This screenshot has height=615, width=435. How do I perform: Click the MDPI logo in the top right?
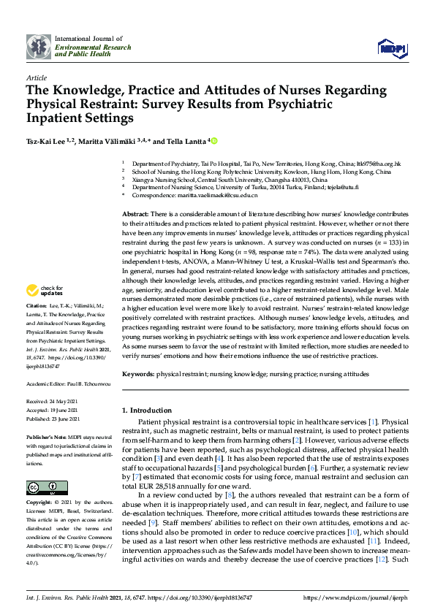tap(391, 48)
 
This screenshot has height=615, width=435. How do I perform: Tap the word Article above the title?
tap(36, 77)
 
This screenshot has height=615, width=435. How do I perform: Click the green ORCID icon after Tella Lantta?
tap(215, 140)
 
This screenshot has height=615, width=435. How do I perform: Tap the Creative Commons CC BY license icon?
tap(42, 467)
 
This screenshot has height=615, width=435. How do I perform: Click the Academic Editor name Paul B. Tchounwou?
tap(76, 383)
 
